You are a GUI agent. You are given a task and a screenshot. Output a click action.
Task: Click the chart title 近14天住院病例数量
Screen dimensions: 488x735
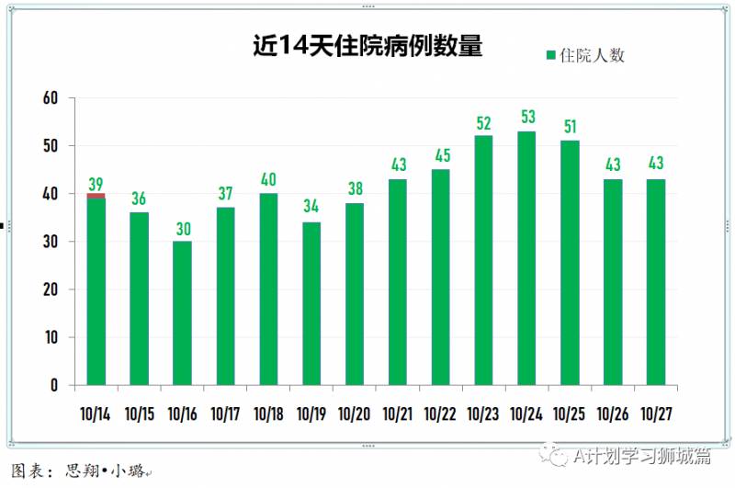click(367, 47)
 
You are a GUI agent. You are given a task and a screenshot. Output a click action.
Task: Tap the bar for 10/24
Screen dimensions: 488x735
click(526, 257)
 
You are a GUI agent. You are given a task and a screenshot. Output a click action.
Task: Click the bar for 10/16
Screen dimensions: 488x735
click(182, 312)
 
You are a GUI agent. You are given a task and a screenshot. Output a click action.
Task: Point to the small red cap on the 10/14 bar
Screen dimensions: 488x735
click(96, 195)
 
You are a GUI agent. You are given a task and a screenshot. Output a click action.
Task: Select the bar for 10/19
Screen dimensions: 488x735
click(311, 303)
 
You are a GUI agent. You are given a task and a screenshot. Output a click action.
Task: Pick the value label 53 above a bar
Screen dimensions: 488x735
click(526, 118)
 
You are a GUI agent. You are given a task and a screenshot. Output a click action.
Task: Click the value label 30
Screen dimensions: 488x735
click(182, 227)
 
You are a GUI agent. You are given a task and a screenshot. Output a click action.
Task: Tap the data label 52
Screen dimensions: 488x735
click(483, 122)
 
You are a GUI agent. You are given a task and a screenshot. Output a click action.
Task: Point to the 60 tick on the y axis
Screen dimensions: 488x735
click(50, 98)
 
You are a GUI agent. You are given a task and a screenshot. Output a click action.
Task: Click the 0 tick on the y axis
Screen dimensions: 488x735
click(54, 385)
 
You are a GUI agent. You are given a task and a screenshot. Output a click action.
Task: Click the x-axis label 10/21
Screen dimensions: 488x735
click(397, 414)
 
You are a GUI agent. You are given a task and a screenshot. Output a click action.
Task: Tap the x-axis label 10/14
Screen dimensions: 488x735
click(96, 414)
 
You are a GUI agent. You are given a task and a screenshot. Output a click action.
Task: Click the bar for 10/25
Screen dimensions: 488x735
click(570, 262)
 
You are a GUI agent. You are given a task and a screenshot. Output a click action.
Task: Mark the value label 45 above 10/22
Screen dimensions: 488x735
click(440, 155)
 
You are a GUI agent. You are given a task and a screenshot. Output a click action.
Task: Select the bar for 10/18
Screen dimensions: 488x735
click(268, 289)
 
